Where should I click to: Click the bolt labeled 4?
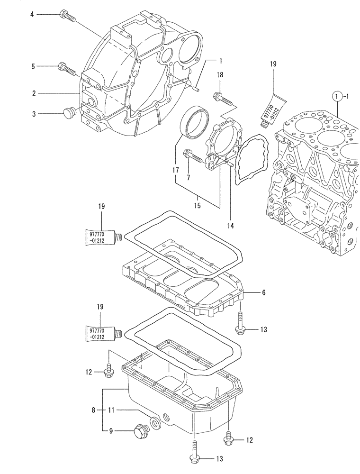[68, 17]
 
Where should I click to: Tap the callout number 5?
[33, 67]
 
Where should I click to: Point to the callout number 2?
[34, 93]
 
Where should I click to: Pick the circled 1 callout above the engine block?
[336, 97]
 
